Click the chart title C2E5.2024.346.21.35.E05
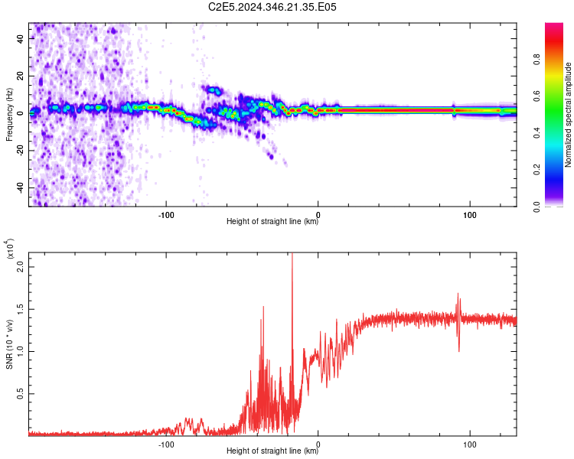pos(272,7)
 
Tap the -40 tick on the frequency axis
pos(19,187)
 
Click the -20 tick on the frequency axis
pos(19,150)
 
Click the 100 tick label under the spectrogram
pos(470,213)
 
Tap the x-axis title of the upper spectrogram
pos(272,222)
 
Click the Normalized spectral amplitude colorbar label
pos(568,115)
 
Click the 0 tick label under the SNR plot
pos(318,443)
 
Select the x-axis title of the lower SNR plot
pos(272,451)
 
